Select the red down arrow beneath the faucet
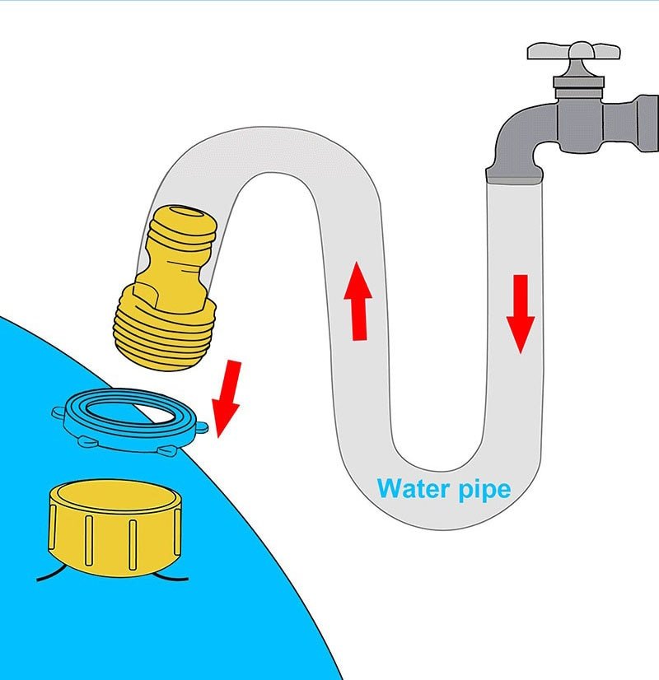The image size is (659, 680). (x=521, y=313)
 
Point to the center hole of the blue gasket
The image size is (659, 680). (x=124, y=410)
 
